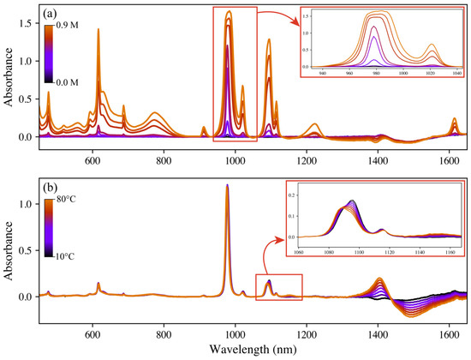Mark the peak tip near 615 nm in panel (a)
pos(98,30)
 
